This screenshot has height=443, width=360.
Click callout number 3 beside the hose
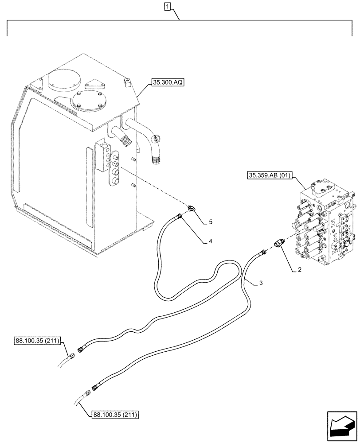pyautogui.click(x=260, y=283)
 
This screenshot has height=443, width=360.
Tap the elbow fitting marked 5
pyautogui.click(x=192, y=209)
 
